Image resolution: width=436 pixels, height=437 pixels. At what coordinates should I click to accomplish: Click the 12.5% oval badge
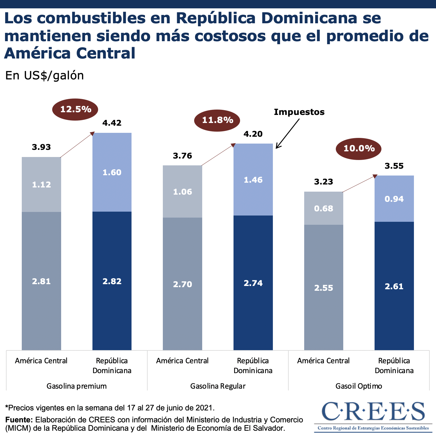(75, 109)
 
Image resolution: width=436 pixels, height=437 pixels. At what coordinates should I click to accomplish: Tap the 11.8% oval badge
(217, 120)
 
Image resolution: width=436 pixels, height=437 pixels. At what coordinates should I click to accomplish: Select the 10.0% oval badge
(359, 148)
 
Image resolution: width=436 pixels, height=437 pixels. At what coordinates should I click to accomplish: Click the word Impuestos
(299, 112)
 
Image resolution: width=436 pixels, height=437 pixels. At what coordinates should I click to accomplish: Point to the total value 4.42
(112, 123)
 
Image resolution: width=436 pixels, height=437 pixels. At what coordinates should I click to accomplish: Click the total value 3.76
(183, 156)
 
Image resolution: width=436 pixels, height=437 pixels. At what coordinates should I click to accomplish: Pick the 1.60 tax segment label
(112, 173)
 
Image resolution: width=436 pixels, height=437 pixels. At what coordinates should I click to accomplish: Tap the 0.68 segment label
(324, 208)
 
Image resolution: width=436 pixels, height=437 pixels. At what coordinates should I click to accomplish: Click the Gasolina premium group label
(77, 386)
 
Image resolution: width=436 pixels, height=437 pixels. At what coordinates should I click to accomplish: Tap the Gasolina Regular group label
(218, 386)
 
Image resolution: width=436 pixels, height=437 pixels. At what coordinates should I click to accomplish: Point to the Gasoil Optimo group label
(359, 386)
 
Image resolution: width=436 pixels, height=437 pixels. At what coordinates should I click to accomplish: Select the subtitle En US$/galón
(45, 76)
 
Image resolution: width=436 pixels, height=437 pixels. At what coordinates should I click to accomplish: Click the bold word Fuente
(19, 420)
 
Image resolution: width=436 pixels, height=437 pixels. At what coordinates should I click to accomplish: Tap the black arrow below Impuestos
(287, 133)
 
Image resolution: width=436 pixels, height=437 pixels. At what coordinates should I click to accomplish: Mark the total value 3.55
(394, 166)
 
